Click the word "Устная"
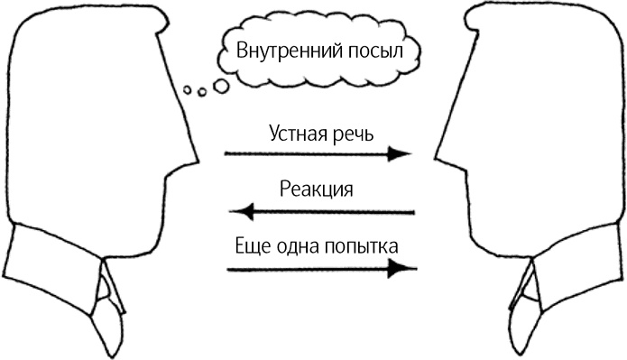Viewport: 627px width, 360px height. click(x=300, y=133)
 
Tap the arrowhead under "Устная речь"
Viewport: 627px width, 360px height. click(x=401, y=153)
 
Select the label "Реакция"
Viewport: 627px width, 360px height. click(x=316, y=189)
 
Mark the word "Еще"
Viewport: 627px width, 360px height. click(x=250, y=245)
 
